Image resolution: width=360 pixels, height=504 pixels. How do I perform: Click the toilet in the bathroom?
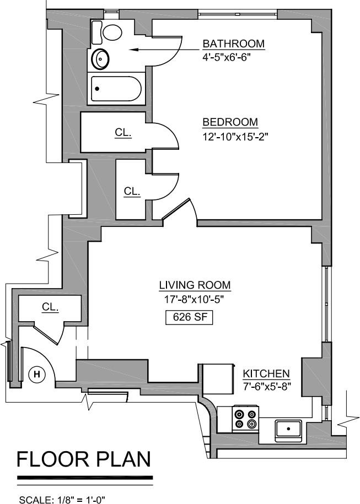pyautogui.click(x=106, y=32)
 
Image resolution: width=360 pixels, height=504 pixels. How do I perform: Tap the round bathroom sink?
pyautogui.click(x=101, y=59)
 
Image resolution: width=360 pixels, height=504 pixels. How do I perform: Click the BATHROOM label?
pyautogui.click(x=234, y=44)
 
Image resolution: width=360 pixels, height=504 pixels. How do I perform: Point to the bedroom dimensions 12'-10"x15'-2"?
pyautogui.click(x=235, y=137)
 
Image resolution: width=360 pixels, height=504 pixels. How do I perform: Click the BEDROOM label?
pyautogui.click(x=230, y=122)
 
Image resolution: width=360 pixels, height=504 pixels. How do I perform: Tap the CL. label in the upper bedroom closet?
pyautogui.click(x=123, y=132)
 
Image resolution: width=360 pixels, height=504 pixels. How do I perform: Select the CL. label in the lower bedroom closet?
pyautogui.click(x=132, y=191)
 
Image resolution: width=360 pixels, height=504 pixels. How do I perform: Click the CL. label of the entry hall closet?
pyautogui.click(x=50, y=307)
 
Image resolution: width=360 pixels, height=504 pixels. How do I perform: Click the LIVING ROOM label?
pyautogui.click(x=195, y=285)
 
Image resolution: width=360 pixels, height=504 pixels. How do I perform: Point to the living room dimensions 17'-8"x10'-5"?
pyautogui.click(x=194, y=300)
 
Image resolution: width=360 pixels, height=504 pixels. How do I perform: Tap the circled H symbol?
pyautogui.click(x=37, y=374)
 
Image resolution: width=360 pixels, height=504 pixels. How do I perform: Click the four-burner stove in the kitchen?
pyautogui.click(x=246, y=419)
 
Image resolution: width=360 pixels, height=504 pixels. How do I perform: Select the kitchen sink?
pyautogui.click(x=288, y=430)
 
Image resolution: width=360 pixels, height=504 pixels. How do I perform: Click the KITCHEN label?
pyautogui.click(x=266, y=374)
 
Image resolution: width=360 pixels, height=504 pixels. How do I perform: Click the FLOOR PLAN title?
pyautogui.click(x=84, y=459)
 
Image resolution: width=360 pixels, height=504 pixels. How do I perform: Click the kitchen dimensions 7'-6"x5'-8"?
pyautogui.click(x=267, y=386)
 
